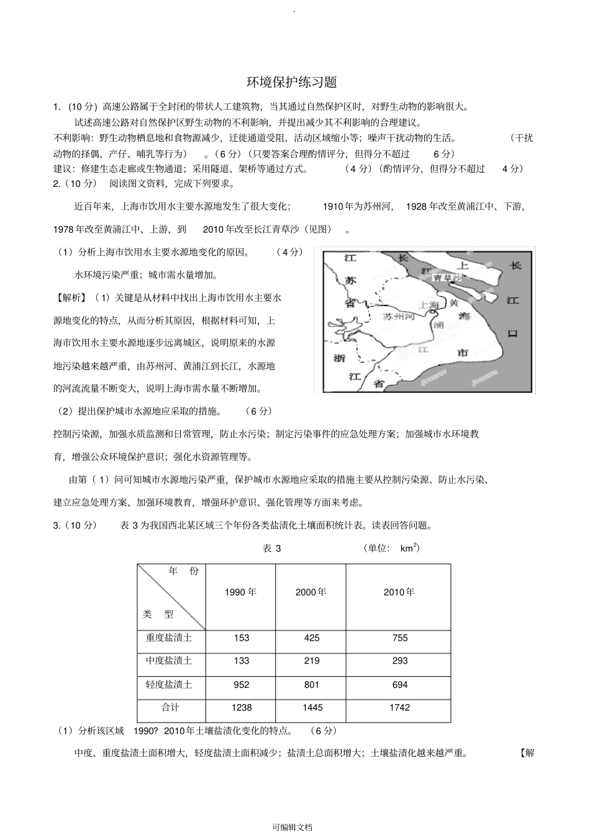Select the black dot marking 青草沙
[453, 282]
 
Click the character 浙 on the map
[339, 359]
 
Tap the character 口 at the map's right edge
[513, 333]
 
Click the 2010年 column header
[399, 592]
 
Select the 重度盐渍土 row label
[169, 638]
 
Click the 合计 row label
[170, 707]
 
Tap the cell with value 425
[312, 638]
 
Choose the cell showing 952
[241, 684]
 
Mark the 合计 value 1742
[399, 707]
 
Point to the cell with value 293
[399, 661]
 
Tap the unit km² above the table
[409, 548]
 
